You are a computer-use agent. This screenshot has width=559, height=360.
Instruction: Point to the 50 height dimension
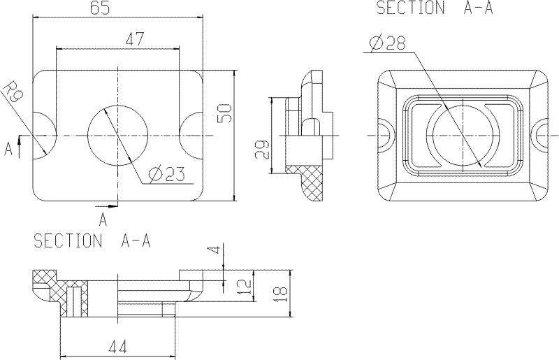click(225, 113)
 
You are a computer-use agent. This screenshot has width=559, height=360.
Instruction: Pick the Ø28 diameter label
click(386, 43)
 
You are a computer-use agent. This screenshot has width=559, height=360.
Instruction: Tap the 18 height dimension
click(282, 294)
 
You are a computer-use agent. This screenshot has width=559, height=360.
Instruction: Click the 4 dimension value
click(217, 250)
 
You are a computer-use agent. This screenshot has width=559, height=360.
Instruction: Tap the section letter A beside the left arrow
click(8, 148)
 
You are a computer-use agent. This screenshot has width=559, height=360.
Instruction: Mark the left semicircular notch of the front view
click(43, 134)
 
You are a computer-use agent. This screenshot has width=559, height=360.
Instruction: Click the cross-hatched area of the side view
click(309, 179)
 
